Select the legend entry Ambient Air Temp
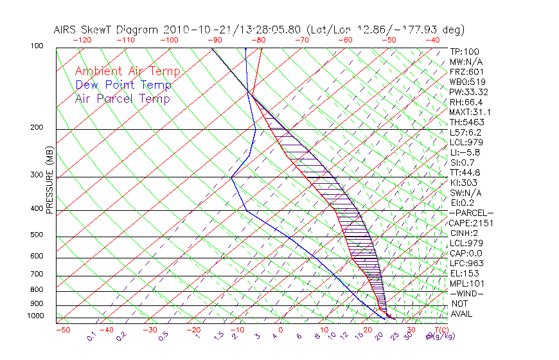click(127, 71)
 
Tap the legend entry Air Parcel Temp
click(122, 98)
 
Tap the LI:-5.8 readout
click(465, 152)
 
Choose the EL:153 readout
click(463, 273)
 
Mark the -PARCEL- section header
click(471, 213)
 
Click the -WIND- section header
click(466, 293)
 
